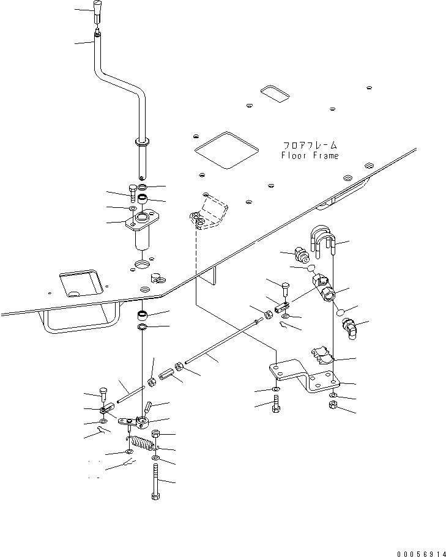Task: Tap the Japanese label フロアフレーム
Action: pos(310,146)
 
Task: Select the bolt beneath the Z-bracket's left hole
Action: pos(276,405)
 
